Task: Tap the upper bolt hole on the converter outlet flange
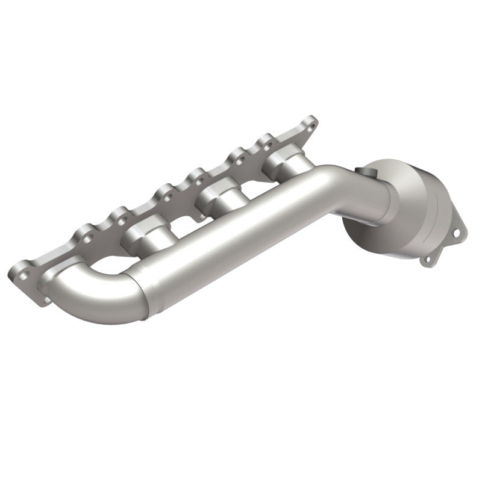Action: coord(460,233)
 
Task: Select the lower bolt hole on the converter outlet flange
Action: coord(428,277)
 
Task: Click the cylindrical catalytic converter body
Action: coord(410,193)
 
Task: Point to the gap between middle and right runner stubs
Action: coord(253,181)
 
